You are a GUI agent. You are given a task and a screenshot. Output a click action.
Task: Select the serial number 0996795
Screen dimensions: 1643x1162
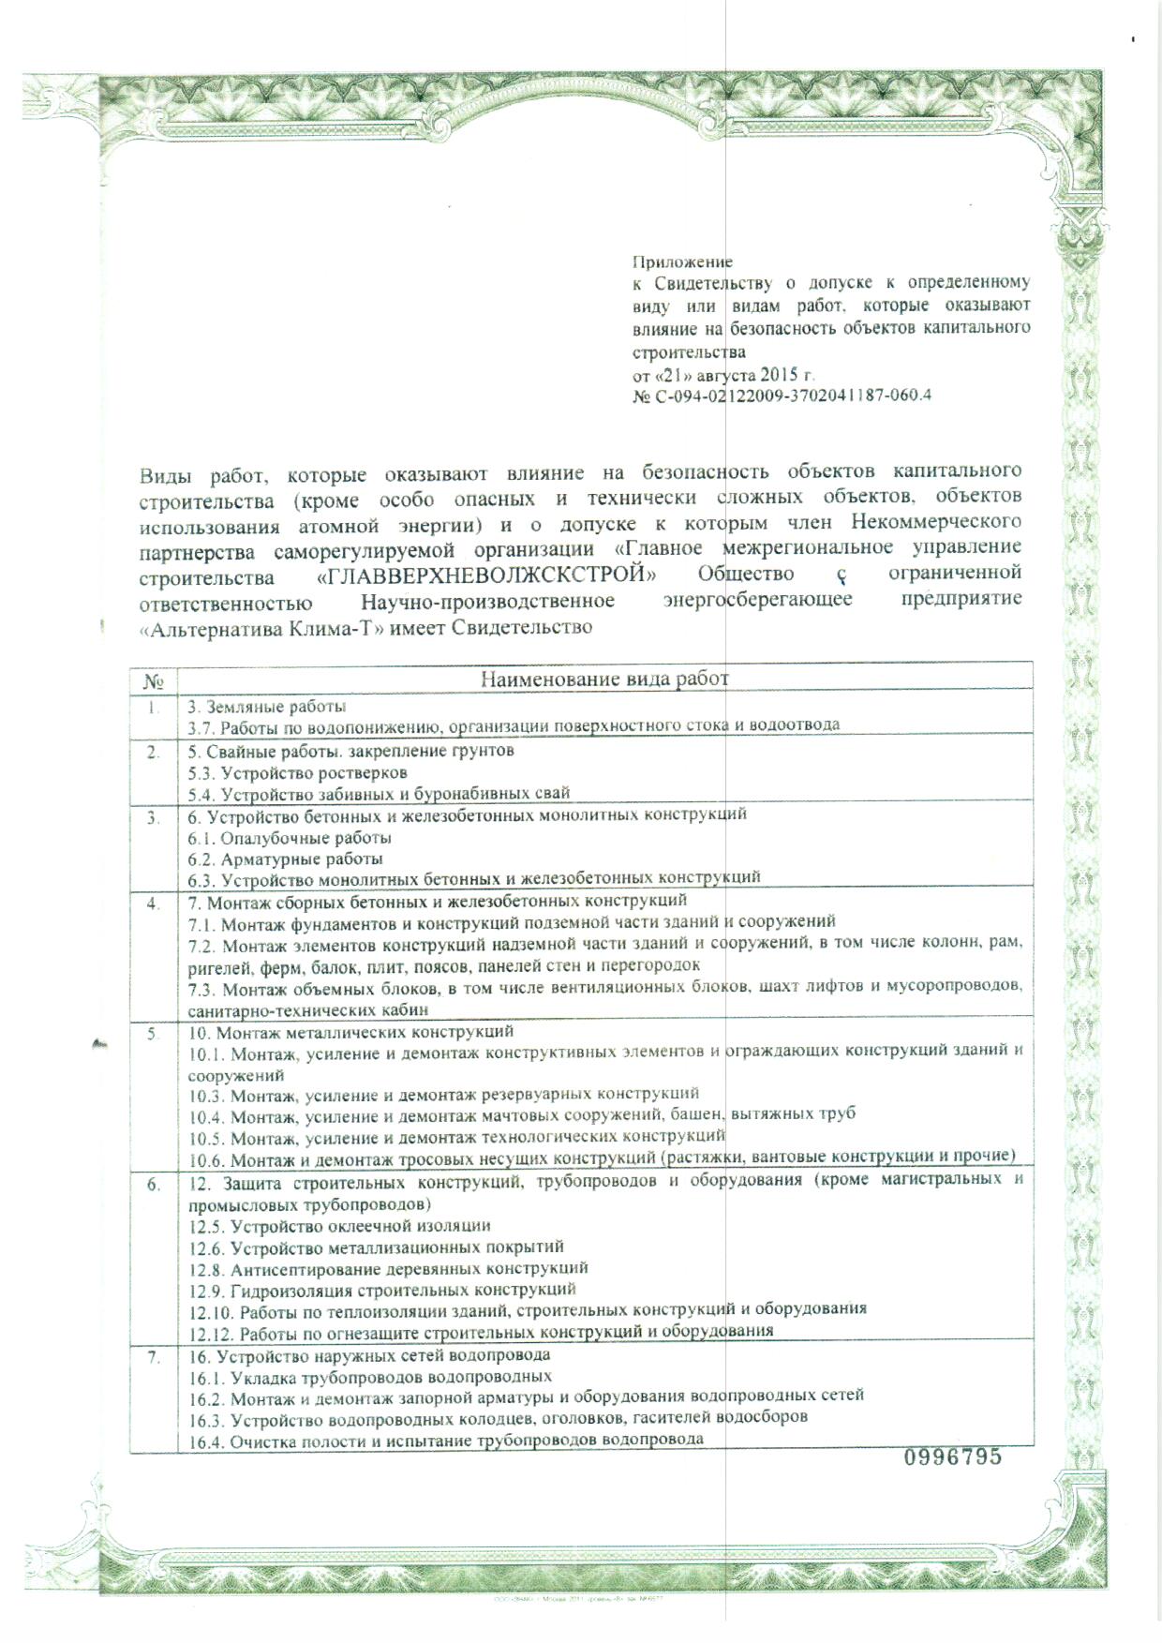(952, 1483)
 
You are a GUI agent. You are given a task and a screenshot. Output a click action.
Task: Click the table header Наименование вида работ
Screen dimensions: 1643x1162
(604, 679)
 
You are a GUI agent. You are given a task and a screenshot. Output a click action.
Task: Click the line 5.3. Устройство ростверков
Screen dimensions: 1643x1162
(297, 773)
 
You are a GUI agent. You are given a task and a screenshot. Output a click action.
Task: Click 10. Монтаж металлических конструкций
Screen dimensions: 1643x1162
(351, 1032)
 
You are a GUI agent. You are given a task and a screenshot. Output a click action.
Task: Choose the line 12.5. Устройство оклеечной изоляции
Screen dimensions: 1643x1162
(339, 1226)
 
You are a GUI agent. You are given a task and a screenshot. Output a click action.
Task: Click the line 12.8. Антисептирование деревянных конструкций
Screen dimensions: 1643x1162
(388, 1268)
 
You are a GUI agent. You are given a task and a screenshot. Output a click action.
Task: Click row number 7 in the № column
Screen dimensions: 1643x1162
(154, 1356)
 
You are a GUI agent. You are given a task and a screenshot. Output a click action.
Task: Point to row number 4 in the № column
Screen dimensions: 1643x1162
(154, 904)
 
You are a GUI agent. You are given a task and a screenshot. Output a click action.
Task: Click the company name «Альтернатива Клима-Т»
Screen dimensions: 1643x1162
(246, 627)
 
